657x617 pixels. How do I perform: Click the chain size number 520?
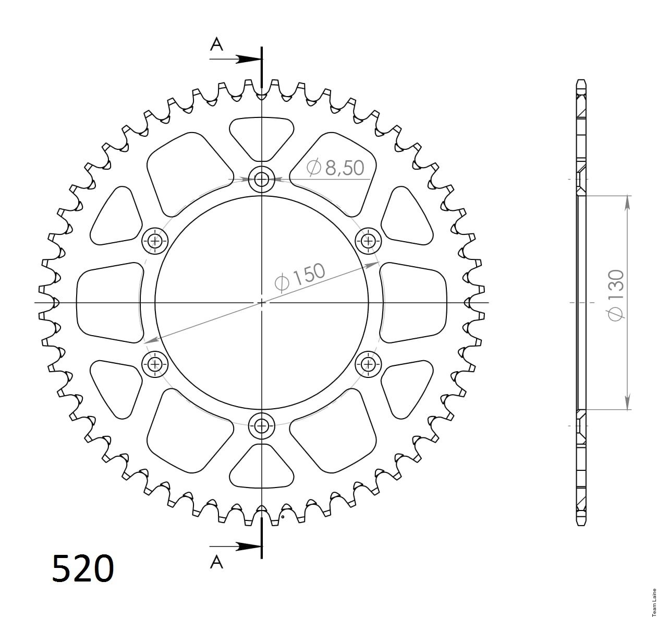click(x=83, y=568)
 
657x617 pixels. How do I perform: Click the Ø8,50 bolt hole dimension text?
click(x=335, y=168)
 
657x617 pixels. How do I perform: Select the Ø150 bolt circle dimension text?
click(x=300, y=278)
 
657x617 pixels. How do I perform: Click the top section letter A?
click(x=216, y=44)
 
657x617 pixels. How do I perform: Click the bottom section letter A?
click(x=216, y=562)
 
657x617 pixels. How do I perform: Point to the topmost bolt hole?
click(x=261, y=180)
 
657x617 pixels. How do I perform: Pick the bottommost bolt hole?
click(x=261, y=426)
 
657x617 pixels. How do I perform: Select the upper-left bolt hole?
click(x=155, y=241)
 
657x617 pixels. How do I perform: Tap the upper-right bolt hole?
click(x=368, y=241)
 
